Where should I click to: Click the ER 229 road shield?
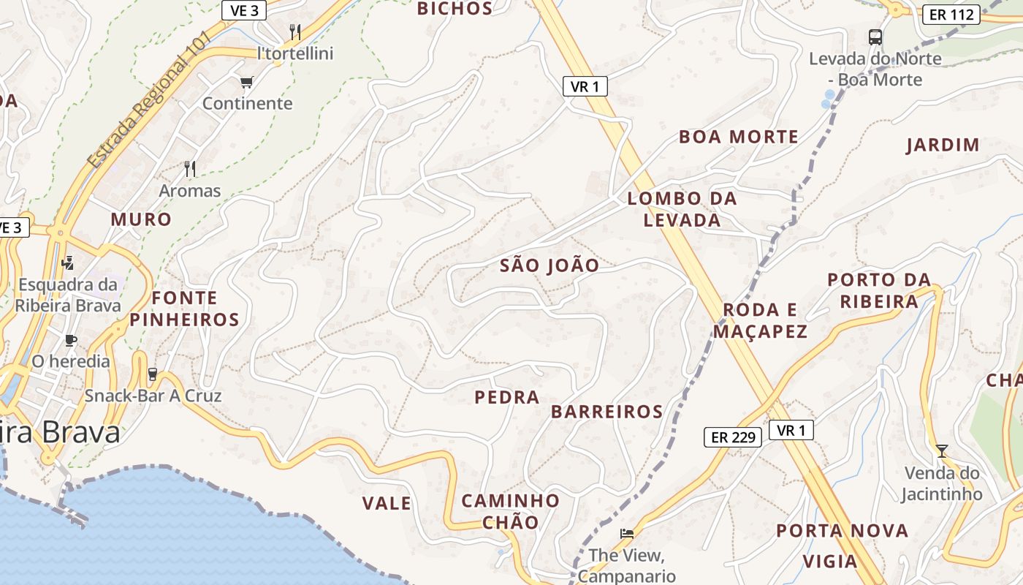coord(732,437)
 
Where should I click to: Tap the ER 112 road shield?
coord(951,14)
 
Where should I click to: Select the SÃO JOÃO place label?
coord(549,265)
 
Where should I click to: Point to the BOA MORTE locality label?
coord(738,137)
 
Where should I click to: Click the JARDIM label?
coord(943,145)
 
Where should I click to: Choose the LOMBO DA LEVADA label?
coord(682,209)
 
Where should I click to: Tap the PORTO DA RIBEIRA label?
coord(879,290)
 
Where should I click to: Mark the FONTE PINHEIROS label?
coord(185,309)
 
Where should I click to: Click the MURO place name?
coord(141,219)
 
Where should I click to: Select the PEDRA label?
coord(507,398)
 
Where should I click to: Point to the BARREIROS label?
coord(607,412)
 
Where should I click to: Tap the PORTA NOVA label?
coord(842,531)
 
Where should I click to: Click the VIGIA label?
coord(830,562)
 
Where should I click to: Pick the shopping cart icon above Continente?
coord(246,82)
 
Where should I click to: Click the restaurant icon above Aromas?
coord(190,169)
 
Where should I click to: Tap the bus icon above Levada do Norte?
coord(875,37)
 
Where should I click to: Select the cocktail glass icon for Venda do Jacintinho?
coord(941,450)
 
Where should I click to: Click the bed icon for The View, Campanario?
coord(626,533)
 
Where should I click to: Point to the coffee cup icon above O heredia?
coord(70,340)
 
